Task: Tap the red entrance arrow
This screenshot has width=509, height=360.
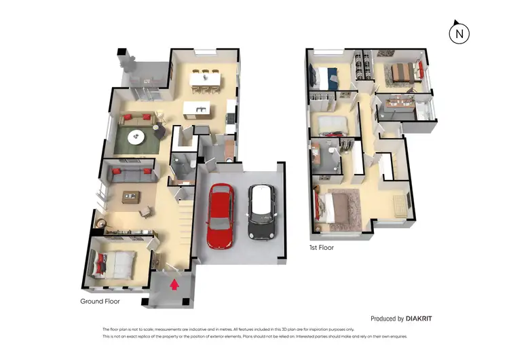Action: [x=174, y=284]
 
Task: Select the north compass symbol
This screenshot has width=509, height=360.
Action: [x=459, y=33]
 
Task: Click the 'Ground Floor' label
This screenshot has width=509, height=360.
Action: [x=100, y=302]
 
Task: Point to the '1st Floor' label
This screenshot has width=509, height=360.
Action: [x=321, y=248]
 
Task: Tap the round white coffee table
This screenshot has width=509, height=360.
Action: [x=137, y=136]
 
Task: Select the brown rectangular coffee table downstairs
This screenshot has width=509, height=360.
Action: [x=130, y=197]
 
